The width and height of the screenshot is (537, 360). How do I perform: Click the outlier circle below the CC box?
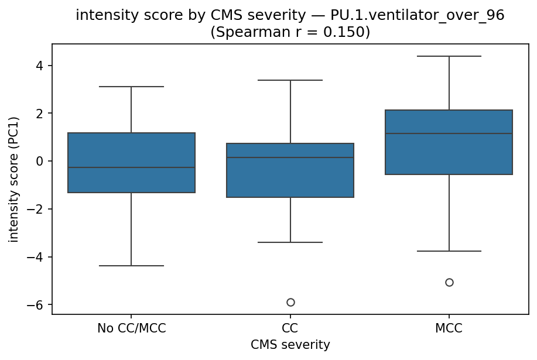point(290,302)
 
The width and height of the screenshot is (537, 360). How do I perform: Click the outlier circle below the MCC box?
point(449,282)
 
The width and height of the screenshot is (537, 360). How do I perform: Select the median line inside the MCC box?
point(449,133)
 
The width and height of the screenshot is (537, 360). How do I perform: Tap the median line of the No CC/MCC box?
point(131,167)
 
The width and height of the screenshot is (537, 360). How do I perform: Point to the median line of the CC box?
point(290,157)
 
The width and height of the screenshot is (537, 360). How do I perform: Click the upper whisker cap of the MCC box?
point(449,56)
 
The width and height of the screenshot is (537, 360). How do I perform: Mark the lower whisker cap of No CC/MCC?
point(131,266)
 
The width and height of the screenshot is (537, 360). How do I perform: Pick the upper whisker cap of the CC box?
point(290,80)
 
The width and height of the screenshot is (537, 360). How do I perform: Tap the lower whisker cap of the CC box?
point(290,242)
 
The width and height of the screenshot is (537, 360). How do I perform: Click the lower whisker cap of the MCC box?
point(449,251)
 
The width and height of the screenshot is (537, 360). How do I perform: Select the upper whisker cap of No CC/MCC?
point(131,87)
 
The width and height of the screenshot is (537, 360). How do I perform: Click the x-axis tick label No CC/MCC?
point(131,328)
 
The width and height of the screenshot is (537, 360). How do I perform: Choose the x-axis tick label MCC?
point(449,328)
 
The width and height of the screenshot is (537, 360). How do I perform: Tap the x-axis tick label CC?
point(290,328)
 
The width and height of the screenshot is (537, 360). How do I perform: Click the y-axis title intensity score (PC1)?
point(13,179)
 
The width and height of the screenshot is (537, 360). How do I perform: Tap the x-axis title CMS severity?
point(290,345)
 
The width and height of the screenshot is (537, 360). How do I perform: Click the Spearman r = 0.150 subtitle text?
point(290,32)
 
